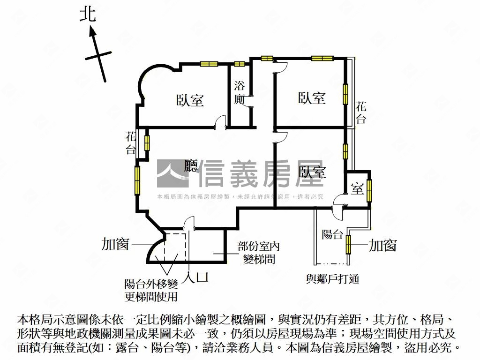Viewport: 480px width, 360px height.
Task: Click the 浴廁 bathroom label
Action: pyautogui.click(x=240, y=92)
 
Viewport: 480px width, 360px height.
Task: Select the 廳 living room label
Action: pyautogui.click(x=191, y=166)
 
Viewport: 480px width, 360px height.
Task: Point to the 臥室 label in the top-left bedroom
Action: pyautogui.click(x=190, y=100)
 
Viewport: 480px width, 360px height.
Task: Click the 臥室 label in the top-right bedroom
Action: pyautogui.click(x=312, y=98)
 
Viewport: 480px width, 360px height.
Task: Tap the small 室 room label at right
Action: pyautogui.click(x=357, y=189)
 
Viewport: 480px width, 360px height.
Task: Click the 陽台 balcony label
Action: pyautogui.click(x=332, y=234)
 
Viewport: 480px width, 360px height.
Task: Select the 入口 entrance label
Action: pyautogui.click(x=195, y=277)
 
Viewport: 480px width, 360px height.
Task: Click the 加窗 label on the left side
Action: pyautogui.click(x=115, y=244)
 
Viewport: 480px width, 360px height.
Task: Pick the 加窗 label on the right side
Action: pyautogui.click(x=382, y=245)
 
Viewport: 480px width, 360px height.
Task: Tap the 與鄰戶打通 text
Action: pyautogui.click(x=332, y=279)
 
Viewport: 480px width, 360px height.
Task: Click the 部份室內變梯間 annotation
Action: pyautogui.click(x=259, y=252)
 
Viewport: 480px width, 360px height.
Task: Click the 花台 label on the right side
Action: pyautogui.click(x=360, y=112)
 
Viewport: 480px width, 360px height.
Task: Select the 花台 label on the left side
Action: pyautogui.click(x=131, y=143)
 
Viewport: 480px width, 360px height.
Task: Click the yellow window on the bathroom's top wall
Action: pyautogui.click(x=240, y=64)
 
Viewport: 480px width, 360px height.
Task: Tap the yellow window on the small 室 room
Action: pyautogui.click(x=369, y=189)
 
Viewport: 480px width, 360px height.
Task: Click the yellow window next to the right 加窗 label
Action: pyautogui.click(x=349, y=245)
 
